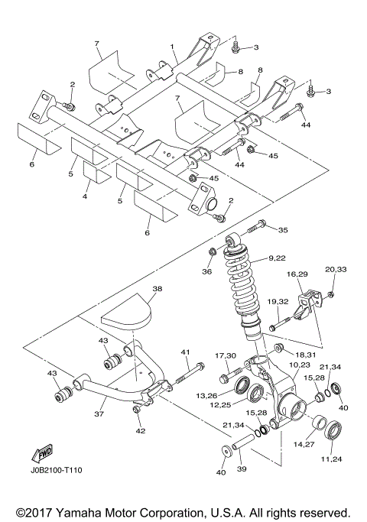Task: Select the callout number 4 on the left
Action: [x=85, y=196]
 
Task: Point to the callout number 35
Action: [x=283, y=229]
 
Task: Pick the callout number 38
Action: [x=158, y=290]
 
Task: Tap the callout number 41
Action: [x=184, y=352]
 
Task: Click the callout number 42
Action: [x=140, y=431]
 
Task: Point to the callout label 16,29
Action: [x=297, y=274]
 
